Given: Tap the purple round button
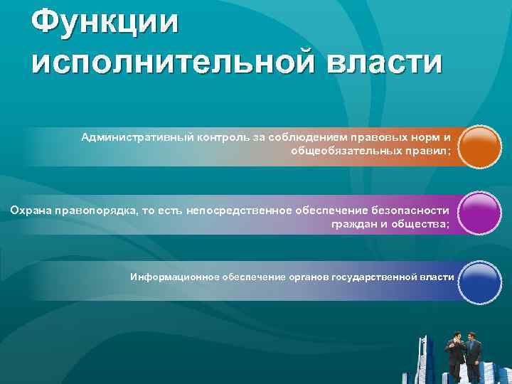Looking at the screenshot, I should click(x=480, y=214).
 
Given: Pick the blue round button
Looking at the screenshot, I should click(x=480, y=282).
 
